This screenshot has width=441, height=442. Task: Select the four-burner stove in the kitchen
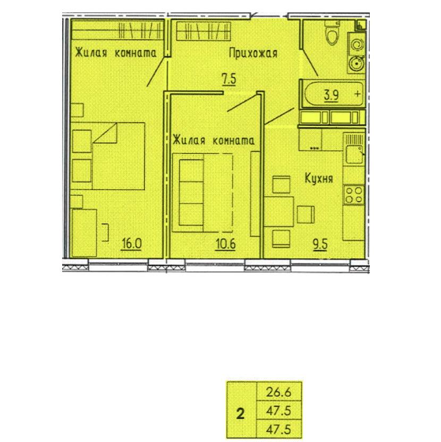354,195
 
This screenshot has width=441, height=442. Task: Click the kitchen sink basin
354,154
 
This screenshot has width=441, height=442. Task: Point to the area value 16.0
132,243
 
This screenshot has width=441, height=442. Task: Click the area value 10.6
226,243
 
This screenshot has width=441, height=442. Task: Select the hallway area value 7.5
229,79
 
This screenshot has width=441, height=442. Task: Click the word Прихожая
253,53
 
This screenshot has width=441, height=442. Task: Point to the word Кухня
319,178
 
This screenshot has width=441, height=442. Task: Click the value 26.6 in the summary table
278,392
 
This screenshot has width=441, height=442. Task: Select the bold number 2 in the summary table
241,414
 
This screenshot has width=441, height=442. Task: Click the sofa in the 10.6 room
202,192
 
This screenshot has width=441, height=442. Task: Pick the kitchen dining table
278,212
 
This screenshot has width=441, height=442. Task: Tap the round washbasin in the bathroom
357,64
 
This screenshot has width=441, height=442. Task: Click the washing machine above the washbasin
357,44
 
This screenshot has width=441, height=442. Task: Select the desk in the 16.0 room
84,233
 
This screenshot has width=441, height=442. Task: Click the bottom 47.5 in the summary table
278,430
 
